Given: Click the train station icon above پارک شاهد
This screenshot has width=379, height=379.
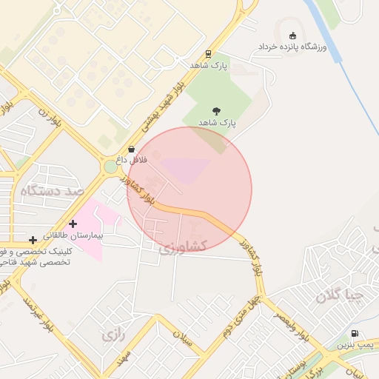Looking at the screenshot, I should (x=208, y=53).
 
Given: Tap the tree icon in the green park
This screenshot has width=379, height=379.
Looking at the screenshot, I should (x=216, y=110).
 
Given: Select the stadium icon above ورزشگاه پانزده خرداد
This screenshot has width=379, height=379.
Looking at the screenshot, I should (x=292, y=36).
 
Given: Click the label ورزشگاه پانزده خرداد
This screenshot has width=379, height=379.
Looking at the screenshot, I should (x=292, y=47).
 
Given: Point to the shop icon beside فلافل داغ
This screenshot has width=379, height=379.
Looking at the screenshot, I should (x=132, y=149).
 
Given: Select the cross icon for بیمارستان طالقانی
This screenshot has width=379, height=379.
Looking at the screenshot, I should (x=73, y=224).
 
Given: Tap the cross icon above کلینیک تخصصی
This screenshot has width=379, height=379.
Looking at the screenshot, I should (x=33, y=240).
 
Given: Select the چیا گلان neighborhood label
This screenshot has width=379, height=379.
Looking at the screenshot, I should (x=340, y=296).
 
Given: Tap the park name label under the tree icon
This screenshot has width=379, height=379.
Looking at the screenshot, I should (x=216, y=122).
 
